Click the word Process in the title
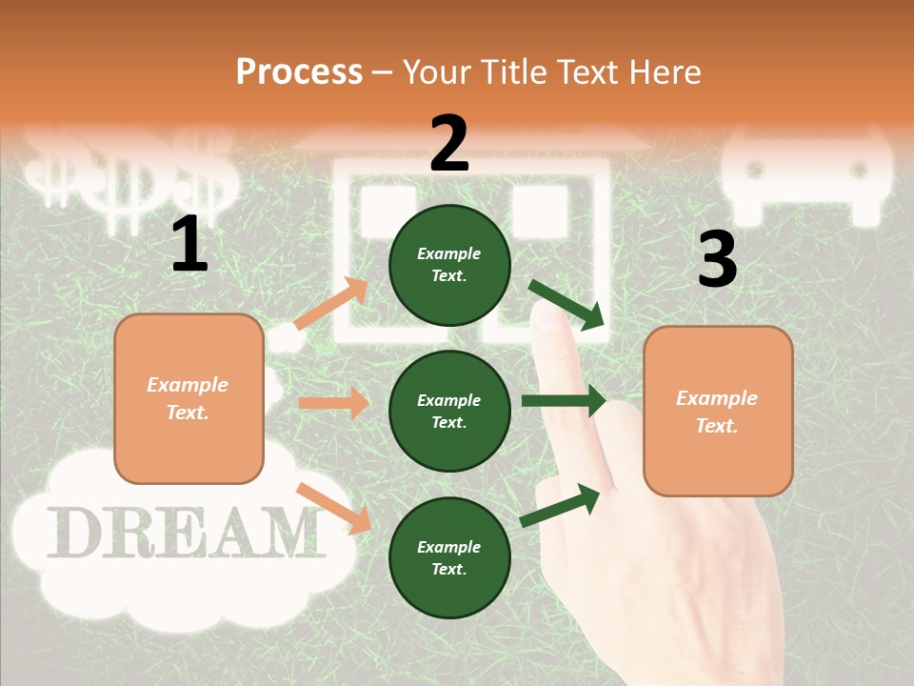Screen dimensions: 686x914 point(299,71)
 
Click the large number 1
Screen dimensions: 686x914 point(189,245)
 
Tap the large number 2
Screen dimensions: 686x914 point(449,143)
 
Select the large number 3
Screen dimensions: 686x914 point(717,260)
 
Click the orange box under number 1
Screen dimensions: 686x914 point(189,398)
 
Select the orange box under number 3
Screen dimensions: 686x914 point(718,411)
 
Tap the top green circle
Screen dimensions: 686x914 point(449,265)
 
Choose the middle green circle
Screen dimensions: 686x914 point(449,411)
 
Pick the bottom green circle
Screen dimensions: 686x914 point(449,557)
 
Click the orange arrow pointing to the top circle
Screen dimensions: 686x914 point(331,304)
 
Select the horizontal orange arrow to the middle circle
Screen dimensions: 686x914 point(333,403)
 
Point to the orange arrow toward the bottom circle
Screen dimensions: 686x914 point(333,508)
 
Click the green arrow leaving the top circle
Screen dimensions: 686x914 point(567,304)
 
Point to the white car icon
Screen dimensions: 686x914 point(807,177)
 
